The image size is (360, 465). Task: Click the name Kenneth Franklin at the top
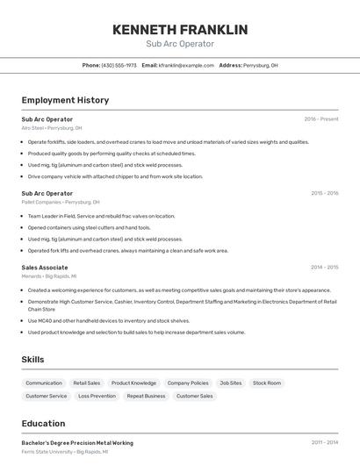pyautogui.click(x=180, y=30)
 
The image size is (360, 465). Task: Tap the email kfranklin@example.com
pyautogui.click(x=186, y=65)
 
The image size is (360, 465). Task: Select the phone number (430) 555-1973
pyautogui.click(x=119, y=65)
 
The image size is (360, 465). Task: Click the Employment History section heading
pyautogui.click(x=65, y=100)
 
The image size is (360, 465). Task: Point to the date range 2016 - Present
pyautogui.click(x=321, y=118)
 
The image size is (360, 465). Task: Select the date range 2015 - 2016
pyautogui.click(x=324, y=193)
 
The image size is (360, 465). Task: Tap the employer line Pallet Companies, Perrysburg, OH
pyautogui.click(x=61, y=202)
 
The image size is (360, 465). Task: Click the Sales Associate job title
pyautogui.click(x=45, y=268)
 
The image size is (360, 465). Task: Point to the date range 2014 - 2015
pyautogui.click(x=324, y=268)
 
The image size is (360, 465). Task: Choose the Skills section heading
pyautogui.click(x=32, y=360)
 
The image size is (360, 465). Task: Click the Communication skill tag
pyautogui.click(x=44, y=383)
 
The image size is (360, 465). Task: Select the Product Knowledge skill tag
pyautogui.click(x=133, y=383)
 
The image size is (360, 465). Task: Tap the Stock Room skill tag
pyautogui.click(x=267, y=383)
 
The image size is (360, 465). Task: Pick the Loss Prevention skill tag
pyautogui.click(x=97, y=397)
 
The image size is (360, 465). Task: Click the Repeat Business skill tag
pyautogui.click(x=146, y=397)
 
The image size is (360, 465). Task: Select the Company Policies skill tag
pyautogui.click(x=188, y=383)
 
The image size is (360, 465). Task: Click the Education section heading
pyautogui.click(x=43, y=424)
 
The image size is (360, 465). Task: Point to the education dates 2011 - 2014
pyautogui.click(x=324, y=443)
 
